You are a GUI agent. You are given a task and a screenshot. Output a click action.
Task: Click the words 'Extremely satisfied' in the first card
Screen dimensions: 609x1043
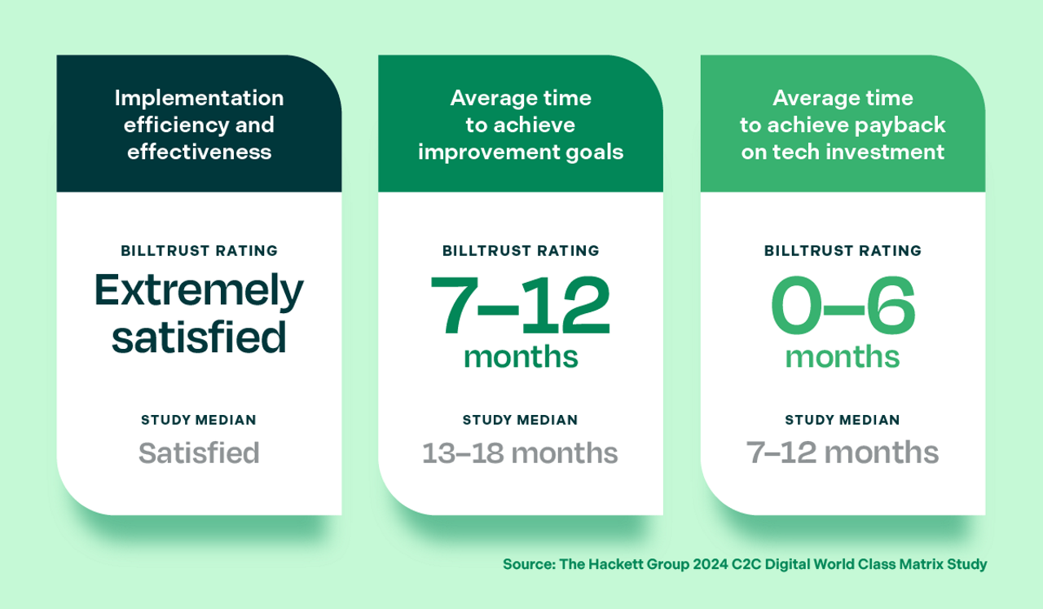(199, 313)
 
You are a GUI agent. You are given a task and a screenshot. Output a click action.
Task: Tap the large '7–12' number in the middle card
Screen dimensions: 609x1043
(520, 307)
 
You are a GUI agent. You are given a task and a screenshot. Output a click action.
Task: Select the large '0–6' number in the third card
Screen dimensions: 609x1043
(843, 307)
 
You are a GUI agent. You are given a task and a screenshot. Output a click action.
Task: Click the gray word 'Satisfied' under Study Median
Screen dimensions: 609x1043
(199, 452)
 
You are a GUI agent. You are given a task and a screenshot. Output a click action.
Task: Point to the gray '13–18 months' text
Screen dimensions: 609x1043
(520, 452)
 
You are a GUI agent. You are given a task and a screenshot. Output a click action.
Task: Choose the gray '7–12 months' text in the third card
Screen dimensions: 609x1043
(843, 452)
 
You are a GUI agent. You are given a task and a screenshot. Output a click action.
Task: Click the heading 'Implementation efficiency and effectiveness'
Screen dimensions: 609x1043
(199, 125)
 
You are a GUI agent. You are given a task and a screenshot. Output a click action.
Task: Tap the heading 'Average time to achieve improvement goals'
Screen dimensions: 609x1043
(520, 125)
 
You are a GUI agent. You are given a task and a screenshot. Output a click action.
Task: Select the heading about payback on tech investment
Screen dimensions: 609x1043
(843, 125)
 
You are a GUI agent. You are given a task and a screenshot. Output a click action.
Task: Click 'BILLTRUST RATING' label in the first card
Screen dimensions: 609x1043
(199, 251)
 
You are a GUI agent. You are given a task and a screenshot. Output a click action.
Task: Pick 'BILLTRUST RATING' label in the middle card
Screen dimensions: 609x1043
(520, 251)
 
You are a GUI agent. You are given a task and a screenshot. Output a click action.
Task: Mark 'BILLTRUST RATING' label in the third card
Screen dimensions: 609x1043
(843, 251)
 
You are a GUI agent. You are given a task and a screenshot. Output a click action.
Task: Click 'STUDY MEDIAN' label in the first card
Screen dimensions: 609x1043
(199, 421)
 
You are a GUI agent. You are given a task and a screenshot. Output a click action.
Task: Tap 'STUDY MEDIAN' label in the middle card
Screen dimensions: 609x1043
(520, 421)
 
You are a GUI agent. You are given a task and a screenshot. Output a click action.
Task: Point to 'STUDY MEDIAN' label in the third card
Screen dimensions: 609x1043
(843, 421)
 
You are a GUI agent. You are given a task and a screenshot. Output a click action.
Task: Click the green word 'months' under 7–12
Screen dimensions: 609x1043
(520, 357)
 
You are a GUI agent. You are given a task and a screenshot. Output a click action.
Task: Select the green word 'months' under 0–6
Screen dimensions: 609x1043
(843, 357)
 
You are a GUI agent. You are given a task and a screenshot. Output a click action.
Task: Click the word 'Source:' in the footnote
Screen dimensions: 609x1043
(529, 564)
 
